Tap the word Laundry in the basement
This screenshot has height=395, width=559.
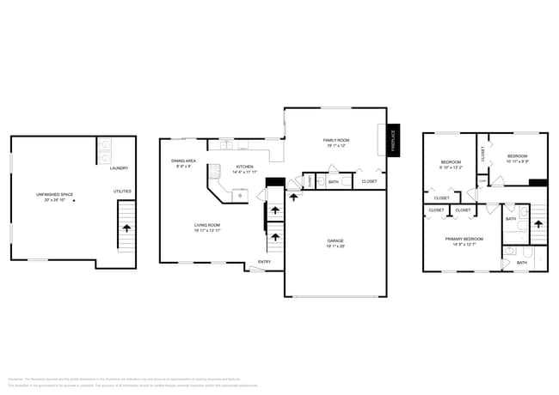point(119,168)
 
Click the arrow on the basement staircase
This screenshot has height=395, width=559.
point(127,228)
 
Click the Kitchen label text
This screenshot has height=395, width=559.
point(245,167)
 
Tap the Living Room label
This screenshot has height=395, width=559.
point(207,226)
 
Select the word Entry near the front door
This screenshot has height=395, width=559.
point(265,262)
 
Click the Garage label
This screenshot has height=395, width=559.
point(335,241)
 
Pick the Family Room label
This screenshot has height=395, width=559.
point(335,140)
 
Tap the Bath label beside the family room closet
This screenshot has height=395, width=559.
point(334,182)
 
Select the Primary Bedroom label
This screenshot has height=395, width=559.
point(464,239)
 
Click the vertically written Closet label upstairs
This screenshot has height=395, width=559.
point(483,154)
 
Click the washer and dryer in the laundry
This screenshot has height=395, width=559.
point(104,152)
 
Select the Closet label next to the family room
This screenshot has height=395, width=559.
point(369,182)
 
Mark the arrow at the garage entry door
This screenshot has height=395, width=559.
point(294,197)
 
